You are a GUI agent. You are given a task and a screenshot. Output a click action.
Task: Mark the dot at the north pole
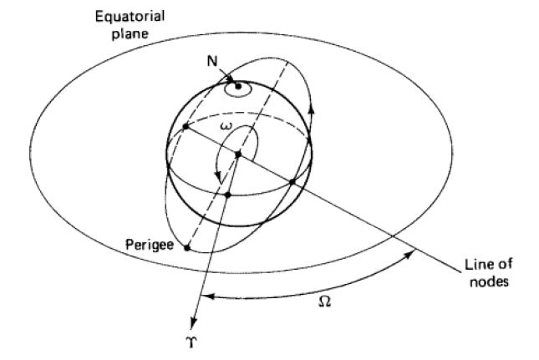coord(239,86)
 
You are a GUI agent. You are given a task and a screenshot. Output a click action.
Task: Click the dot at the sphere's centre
coord(238,155)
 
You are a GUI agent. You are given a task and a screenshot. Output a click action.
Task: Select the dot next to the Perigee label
coord(186,248)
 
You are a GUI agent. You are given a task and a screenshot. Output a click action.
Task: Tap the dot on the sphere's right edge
coord(292,181)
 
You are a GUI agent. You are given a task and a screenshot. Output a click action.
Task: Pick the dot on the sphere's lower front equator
coord(226,195)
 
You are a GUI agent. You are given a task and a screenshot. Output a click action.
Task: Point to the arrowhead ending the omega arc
coord(218,177)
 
